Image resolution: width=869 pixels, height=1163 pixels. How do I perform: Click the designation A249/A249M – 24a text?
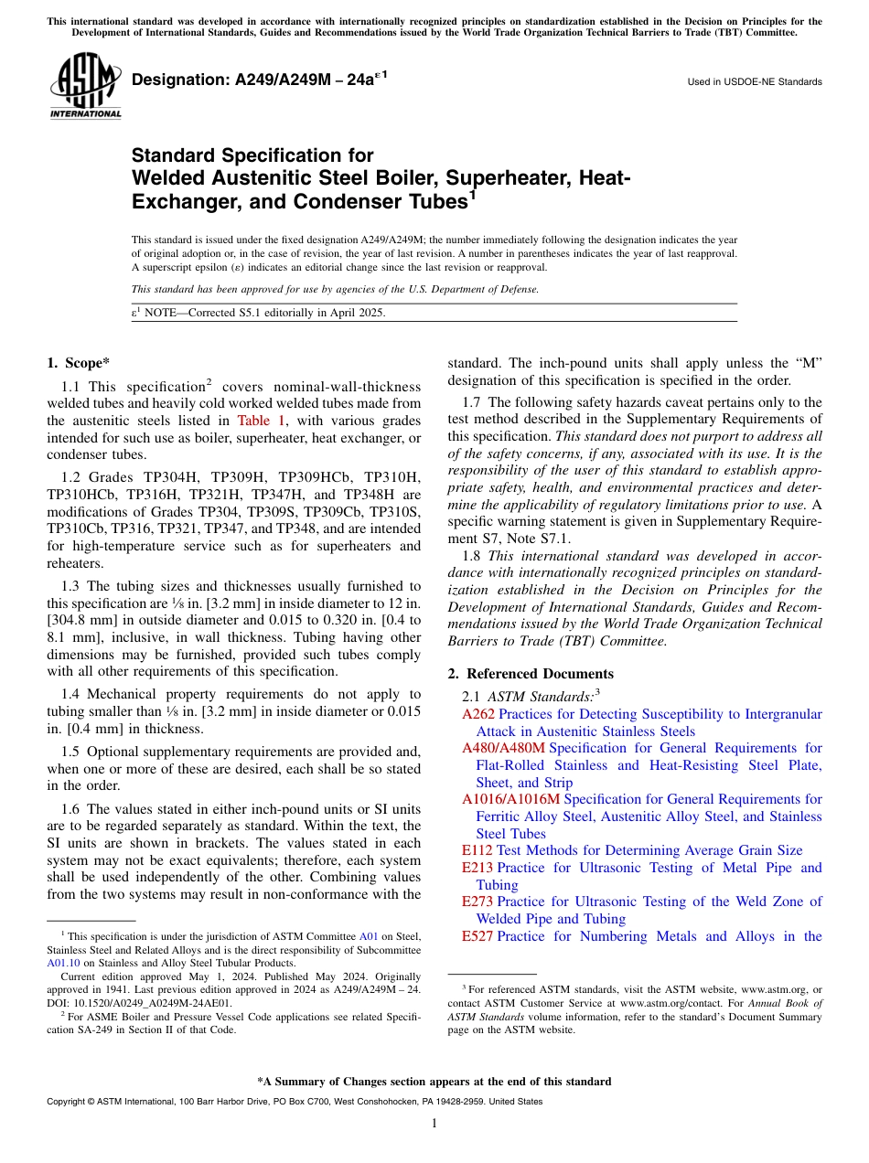click(x=260, y=80)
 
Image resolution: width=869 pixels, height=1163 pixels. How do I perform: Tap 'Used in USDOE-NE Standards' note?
click(x=754, y=82)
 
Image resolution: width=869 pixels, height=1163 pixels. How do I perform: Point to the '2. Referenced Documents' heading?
click(x=531, y=674)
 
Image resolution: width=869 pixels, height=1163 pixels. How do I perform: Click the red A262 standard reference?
click(x=477, y=714)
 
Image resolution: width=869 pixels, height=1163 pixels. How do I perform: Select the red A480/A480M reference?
click(x=503, y=748)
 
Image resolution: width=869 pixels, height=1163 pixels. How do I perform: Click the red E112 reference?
click(x=477, y=850)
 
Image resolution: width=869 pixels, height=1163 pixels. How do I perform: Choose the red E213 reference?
click(x=477, y=868)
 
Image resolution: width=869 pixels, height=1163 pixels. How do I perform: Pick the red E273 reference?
click(x=477, y=902)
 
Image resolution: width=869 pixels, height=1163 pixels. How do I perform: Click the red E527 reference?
click(x=477, y=936)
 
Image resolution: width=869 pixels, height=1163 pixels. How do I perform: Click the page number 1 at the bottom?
click(x=434, y=1124)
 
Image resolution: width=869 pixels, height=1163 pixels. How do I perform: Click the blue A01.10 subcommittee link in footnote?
click(x=62, y=963)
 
